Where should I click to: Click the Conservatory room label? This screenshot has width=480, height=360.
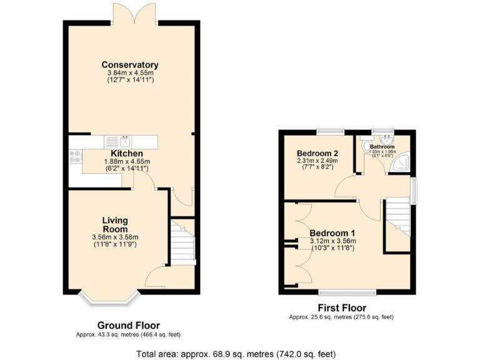[130, 65]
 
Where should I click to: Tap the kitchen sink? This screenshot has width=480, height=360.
[124, 141]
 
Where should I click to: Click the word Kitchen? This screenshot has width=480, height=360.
[127, 154]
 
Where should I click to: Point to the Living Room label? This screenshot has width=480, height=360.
[115, 224]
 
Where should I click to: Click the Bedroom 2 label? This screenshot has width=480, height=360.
[317, 154]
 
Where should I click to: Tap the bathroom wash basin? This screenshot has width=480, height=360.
[387, 139]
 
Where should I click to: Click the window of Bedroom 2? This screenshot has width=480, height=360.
[329, 131]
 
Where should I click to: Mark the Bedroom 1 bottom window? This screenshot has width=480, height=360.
[347, 292]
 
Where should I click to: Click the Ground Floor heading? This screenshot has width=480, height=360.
[128, 326]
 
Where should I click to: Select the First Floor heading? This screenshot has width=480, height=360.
[341, 308]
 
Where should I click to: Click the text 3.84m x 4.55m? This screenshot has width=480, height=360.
[130, 73]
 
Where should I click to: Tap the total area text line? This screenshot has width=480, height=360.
[240, 354]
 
